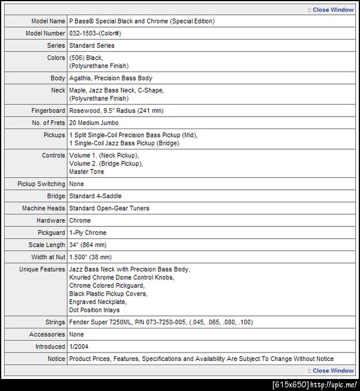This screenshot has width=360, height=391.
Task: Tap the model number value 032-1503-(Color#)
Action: (x=99, y=33)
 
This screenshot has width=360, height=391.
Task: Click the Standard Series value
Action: (x=92, y=45)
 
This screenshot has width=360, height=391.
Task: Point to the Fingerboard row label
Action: (x=48, y=111)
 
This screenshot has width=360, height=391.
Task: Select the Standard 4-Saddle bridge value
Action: (x=95, y=196)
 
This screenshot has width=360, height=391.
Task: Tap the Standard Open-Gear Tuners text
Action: (x=109, y=208)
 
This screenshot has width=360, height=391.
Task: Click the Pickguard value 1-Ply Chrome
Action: (x=89, y=232)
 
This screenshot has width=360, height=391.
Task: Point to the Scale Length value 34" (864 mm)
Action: (x=88, y=244)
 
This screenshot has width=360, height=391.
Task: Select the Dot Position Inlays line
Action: (x=94, y=310)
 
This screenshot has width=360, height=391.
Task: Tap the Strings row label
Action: (x=55, y=322)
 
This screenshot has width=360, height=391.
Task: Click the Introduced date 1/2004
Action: (x=79, y=347)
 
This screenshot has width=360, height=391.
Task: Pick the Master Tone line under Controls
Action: (x=86, y=172)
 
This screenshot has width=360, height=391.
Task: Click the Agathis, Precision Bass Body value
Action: (x=110, y=78)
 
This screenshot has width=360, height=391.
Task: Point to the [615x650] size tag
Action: (x=290, y=384)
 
